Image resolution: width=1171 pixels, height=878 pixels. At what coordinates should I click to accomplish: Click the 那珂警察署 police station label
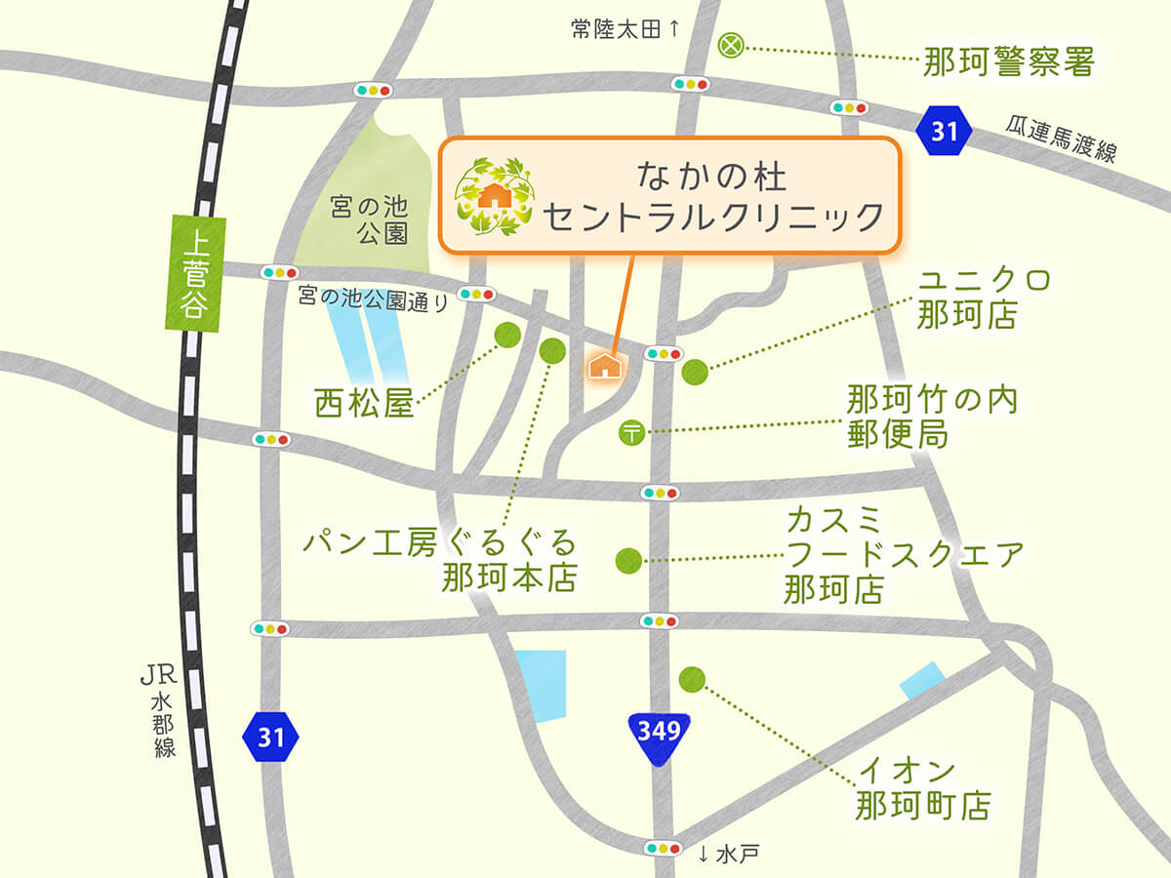click(1009, 61)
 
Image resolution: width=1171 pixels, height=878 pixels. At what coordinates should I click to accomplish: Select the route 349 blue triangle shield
click(660, 738)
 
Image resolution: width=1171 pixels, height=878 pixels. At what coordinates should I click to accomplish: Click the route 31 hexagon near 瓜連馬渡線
click(945, 131)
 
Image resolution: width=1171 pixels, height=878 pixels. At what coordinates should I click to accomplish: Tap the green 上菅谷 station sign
click(195, 270)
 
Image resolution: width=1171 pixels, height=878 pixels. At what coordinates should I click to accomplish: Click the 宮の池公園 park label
click(367, 220)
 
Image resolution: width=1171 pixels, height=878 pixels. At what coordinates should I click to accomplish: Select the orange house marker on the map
click(606, 365)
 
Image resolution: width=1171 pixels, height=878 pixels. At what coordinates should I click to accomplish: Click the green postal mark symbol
click(631, 430)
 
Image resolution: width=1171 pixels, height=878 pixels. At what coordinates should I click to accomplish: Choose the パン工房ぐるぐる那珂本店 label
click(440, 560)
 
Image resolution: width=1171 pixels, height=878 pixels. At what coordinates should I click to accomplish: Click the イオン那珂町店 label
click(923, 790)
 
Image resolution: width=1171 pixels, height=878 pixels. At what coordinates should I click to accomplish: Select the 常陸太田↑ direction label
click(625, 29)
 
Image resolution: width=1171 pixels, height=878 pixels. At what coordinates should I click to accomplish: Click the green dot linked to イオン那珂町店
click(692, 677)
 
